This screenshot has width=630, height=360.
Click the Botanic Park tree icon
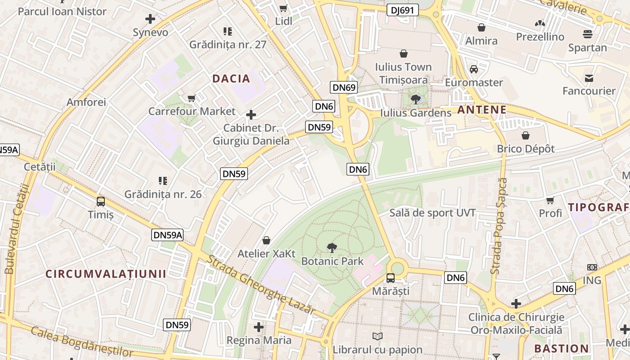(332, 247)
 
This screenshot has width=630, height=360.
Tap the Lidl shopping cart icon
(283, 8)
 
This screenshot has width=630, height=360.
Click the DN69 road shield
(344, 87)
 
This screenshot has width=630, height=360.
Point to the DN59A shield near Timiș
(167, 234)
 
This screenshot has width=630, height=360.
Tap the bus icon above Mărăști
(390, 278)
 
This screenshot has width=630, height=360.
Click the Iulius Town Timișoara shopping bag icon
(404, 54)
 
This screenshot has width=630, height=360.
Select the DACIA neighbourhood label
(231, 79)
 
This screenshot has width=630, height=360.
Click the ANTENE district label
(482, 110)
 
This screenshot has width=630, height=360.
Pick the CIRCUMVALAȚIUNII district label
(106, 274)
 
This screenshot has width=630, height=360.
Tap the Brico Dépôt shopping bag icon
(526, 135)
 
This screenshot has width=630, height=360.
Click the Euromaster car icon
(474, 69)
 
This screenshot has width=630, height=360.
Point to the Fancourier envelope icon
(589, 78)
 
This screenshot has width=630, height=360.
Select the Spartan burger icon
(587, 34)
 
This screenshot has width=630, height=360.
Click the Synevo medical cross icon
(150, 19)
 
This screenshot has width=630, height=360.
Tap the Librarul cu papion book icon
(378, 336)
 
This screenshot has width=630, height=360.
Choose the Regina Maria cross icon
(259, 327)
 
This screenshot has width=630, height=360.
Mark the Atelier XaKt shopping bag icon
(266, 240)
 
